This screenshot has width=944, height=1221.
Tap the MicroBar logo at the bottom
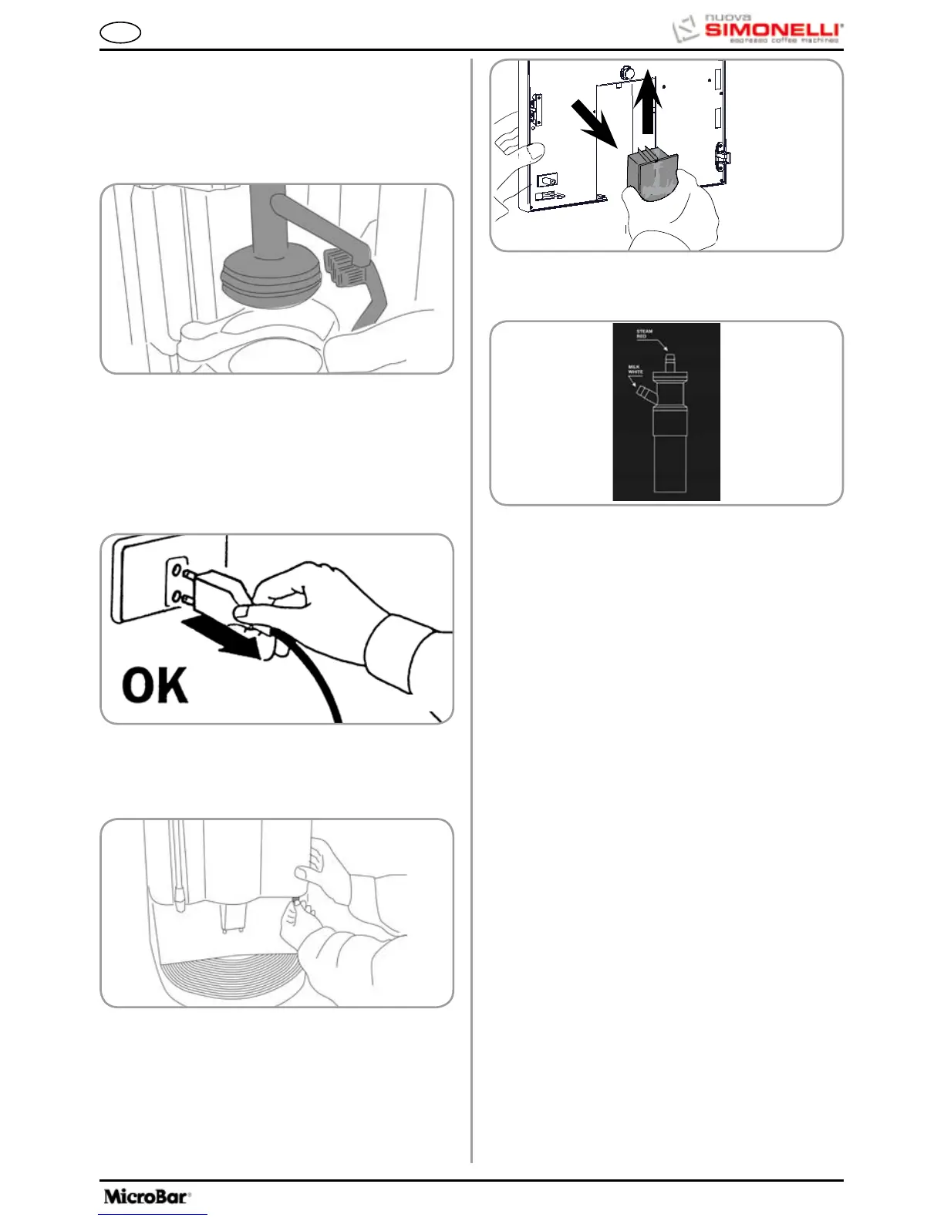click(147, 1196)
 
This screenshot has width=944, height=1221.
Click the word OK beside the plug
click(154, 685)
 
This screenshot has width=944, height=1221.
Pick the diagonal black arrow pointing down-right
click(594, 123)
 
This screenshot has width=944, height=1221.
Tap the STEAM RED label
click(643, 334)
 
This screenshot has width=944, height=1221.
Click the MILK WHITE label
click(635, 370)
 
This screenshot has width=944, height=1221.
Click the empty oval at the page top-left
click(120, 33)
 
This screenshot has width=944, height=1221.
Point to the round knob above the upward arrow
click(627, 72)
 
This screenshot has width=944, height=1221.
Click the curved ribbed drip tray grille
click(231, 976)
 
